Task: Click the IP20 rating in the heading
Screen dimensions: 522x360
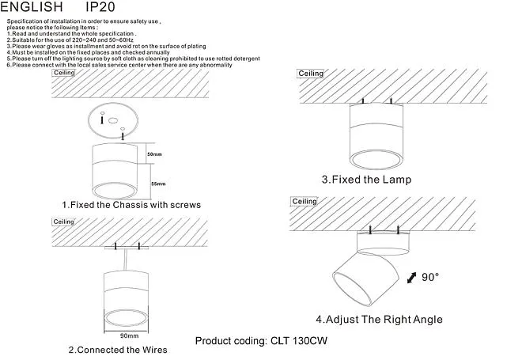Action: (x=100, y=6)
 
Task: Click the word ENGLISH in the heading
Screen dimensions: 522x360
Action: (x=32, y=6)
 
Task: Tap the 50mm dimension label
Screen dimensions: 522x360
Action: (x=154, y=154)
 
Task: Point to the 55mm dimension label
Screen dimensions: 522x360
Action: (x=158, y=184)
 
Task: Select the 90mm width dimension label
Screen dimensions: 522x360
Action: (x=129, y=335)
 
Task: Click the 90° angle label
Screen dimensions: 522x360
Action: (x=430, y=277)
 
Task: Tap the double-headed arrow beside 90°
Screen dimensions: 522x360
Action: (x=412, y=278)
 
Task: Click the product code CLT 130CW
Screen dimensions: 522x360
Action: (x=299, y=341)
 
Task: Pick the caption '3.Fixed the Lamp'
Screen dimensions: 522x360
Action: (x=366, y=180)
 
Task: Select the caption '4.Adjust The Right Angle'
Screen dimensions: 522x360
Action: (x=379, y=320)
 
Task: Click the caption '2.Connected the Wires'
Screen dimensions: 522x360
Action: (x=118, y=350)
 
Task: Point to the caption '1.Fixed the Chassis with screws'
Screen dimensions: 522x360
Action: (x=131, y=205)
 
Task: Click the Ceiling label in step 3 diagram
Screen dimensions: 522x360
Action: (x=311, y=74)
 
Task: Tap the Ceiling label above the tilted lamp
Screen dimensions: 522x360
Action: (x=304, y=202)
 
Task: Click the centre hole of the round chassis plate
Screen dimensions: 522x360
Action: (x=113, y=120)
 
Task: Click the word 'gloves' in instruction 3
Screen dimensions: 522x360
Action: (x=55, y=47)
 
